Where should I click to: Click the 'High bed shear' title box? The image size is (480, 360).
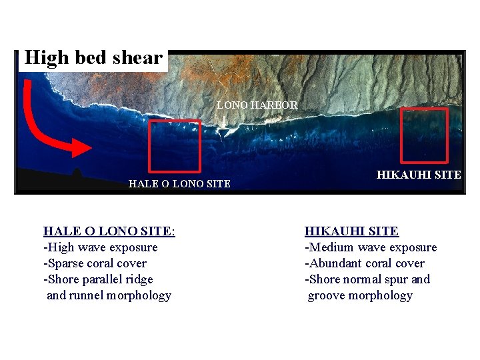pyautogui.click(x=93, y=58)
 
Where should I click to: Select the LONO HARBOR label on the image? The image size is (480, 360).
pyautogui.click(x=257, y=105)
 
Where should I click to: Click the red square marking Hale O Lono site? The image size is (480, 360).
pyautogui.click(x=174, y=145)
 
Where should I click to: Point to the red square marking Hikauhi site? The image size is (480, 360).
pyautogui.click(x=424, y=136)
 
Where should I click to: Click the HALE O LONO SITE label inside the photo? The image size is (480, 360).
pyautogui.click(x=179, y=184)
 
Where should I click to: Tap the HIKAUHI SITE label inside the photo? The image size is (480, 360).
pyautogui.click(x=419, y=175)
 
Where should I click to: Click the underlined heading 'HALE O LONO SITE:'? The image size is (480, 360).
pyautogui.click(x=109, y=231)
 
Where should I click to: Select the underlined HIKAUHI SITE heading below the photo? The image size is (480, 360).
pyautogui.click(x=351, y=231)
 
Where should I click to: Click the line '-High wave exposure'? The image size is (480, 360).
pyautogui.click(x=101, y=247)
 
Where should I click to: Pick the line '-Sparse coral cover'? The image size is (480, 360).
pyautogui.click(x=95, y=263)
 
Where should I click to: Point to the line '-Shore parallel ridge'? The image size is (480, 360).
pyautogui.click(x=98, y=279)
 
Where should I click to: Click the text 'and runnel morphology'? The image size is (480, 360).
pyautogui.click(x=109, y=295)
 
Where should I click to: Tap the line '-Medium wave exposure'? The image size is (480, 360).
pyautogui.click(x=371, y=247)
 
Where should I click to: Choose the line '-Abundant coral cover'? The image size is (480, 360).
pyautogui.click(x=365, y=263)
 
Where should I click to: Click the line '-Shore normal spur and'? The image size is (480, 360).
pyautogui.click(x=367, y=279)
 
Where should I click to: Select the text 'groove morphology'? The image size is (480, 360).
pyautogui.click(x=360, y=295)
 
